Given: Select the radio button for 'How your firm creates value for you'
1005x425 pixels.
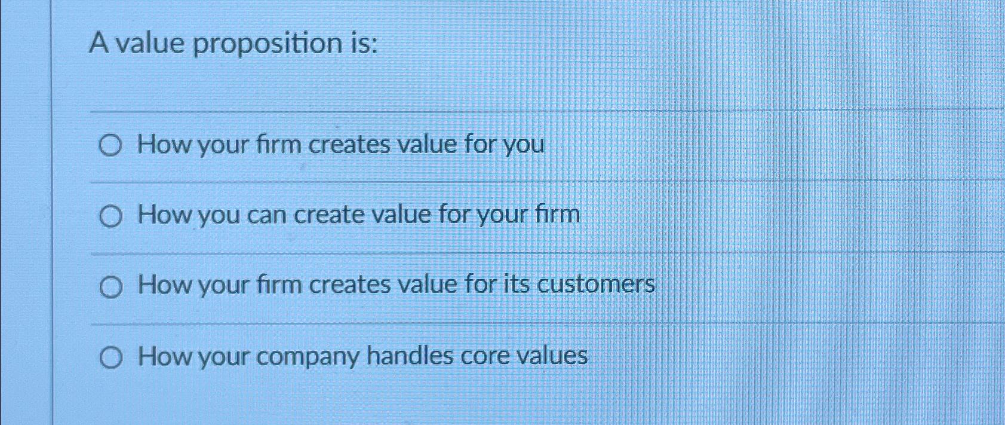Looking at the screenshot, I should coord(111,145).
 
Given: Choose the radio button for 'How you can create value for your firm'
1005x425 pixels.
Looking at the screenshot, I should coord(111,216).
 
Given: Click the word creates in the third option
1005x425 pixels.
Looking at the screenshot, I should coord(349,285).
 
